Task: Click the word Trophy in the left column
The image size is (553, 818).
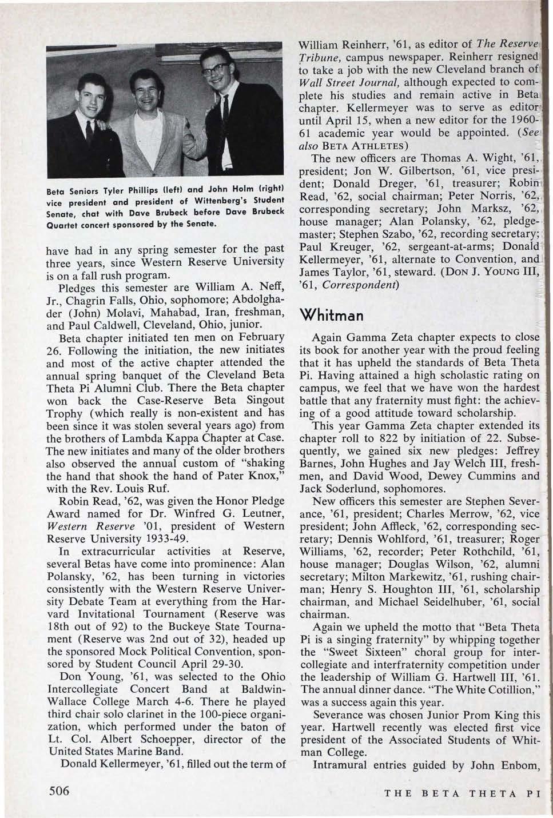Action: (65, 413)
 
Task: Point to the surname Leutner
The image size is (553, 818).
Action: (258, 513)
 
